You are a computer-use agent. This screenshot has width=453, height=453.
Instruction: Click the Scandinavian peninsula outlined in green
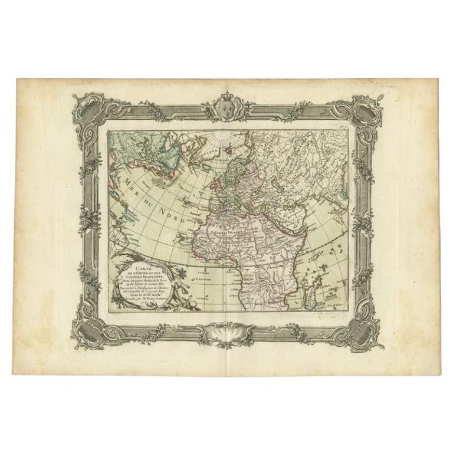click(x=227, y=162)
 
